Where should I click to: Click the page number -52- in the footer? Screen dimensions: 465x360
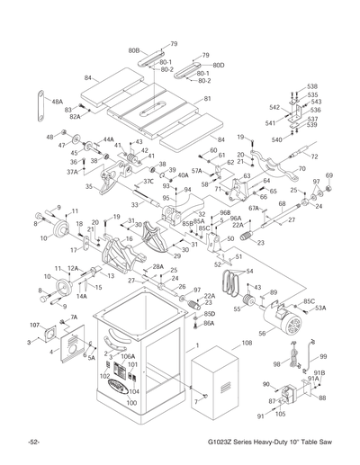click(x=33, y=445)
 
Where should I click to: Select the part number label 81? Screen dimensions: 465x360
click(x=208, y=99)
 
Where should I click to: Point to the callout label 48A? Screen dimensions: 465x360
click(x=57, y=102)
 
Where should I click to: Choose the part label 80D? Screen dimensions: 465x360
click(x=218, y=66)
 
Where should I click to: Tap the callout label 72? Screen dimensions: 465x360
click(x=314, y=156)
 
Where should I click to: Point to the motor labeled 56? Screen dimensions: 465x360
click(x=287, y=321)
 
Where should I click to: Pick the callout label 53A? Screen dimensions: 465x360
click(x=321, y=309)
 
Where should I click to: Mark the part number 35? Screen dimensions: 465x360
click(x=89, y=186)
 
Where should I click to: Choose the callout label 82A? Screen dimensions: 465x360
click(x=76, y=117)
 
